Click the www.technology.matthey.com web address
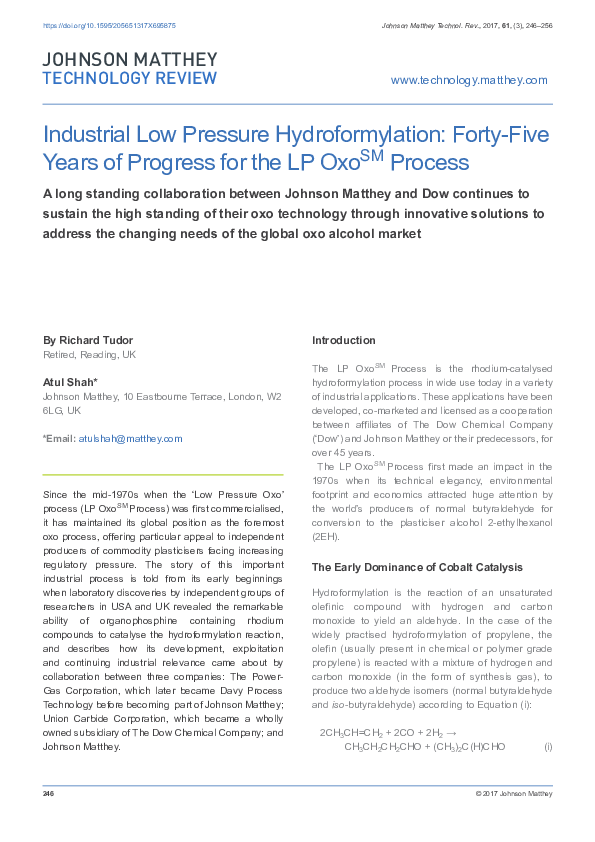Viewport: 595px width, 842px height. [x=469, y=80]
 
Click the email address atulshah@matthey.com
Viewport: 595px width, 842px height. [x=131, y=438]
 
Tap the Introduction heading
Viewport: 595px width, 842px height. [x=344, y=340]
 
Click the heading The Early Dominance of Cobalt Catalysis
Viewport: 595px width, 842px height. [x=417, y=567]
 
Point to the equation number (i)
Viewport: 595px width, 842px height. [x=548, y=746]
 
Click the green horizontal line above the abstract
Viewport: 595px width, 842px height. [x=163, y=474]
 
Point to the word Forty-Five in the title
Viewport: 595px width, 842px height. [x=495, y=135]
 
